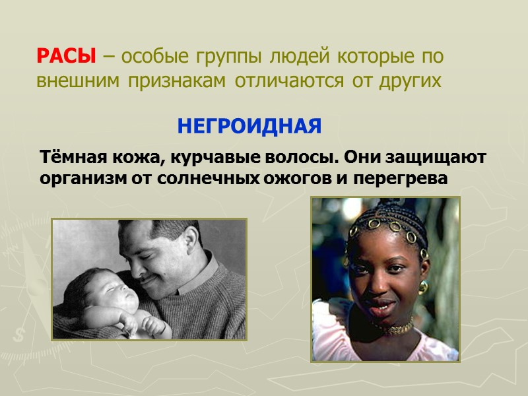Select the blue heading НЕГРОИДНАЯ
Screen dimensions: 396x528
click(x=249, y=125)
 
